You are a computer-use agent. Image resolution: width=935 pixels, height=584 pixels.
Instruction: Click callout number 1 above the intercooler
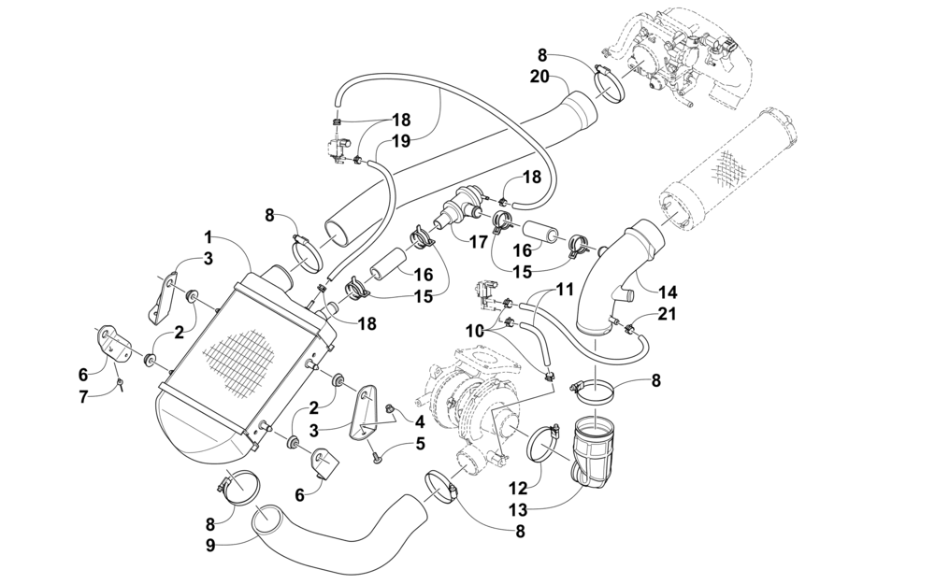click(x=209, y=237)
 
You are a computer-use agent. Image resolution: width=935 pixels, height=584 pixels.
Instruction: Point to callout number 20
click(x=540, y=77)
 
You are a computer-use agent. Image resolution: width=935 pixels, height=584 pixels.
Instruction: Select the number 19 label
click(x=402, y=141)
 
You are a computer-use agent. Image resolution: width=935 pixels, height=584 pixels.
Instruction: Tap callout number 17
click(x=478, y=243)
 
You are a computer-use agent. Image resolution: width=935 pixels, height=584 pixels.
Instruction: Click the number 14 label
click(x=669, y=292)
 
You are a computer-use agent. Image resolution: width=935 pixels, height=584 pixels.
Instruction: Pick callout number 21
click(x=668, y=313)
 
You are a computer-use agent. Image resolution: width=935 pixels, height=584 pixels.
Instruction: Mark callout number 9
click(x=209, y=546)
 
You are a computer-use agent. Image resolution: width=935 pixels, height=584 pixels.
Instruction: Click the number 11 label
click(x=565, y=290)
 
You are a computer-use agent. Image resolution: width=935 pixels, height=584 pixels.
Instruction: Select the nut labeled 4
click(x=392, y=408)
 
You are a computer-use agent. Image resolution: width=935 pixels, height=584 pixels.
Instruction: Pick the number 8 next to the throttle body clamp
click(x=541, y=55)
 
